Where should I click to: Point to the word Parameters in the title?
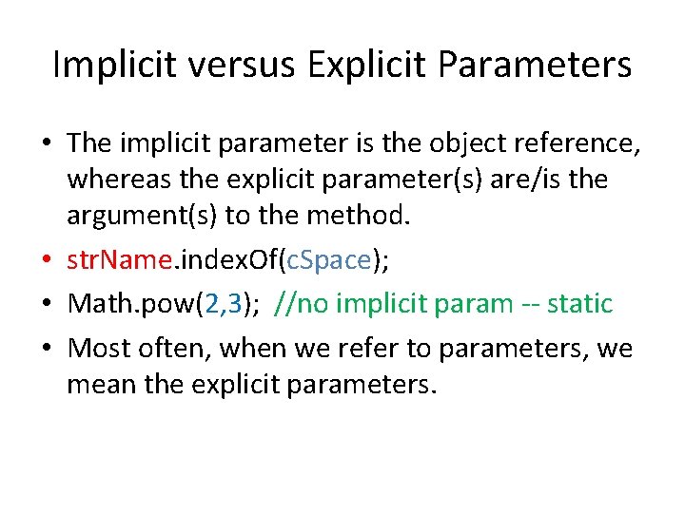[536, 65]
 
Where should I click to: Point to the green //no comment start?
[300, 304]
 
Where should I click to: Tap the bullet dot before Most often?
[47, 350]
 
